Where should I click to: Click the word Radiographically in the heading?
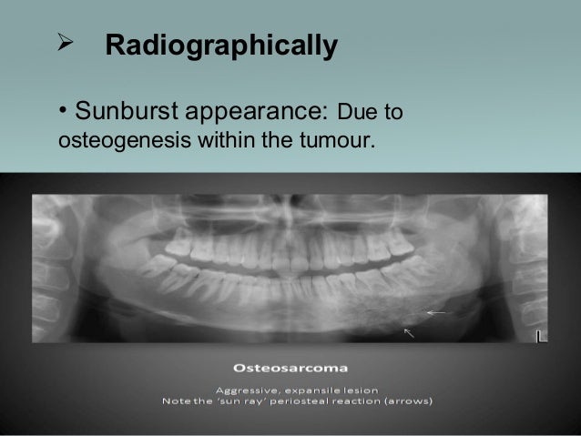222,46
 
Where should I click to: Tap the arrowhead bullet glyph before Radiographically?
66,44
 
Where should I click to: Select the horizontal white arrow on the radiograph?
436,312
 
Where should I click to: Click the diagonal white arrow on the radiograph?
410,333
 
